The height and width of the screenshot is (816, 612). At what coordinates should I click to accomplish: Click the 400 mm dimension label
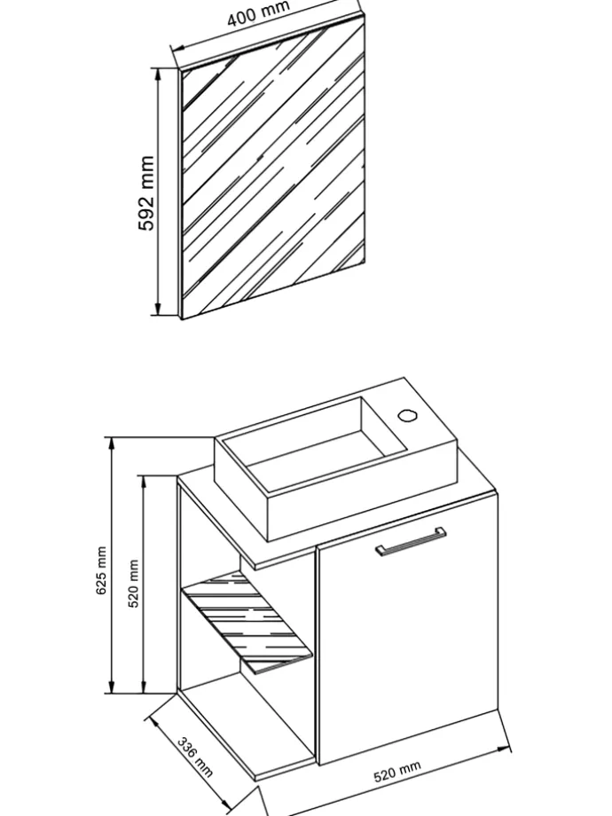(258, 13)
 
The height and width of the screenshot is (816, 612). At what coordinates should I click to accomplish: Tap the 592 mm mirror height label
(146, 192)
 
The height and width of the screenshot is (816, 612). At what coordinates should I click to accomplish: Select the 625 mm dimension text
(101, 569)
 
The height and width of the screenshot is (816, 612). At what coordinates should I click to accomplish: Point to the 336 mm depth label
(195, 757)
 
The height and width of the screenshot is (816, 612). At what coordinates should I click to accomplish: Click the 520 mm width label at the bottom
(397, 772)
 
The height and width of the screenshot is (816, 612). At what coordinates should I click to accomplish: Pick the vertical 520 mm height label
(134, 584)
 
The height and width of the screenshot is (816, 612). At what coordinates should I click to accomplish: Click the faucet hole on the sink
(407, 415)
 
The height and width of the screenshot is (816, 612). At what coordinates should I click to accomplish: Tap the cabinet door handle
(411, 542)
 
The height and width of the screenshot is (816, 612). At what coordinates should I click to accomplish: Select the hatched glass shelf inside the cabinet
(247, 622)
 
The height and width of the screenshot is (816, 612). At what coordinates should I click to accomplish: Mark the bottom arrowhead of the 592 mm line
(159, 310)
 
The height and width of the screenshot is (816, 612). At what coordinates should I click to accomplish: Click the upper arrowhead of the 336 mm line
(153, 722)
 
